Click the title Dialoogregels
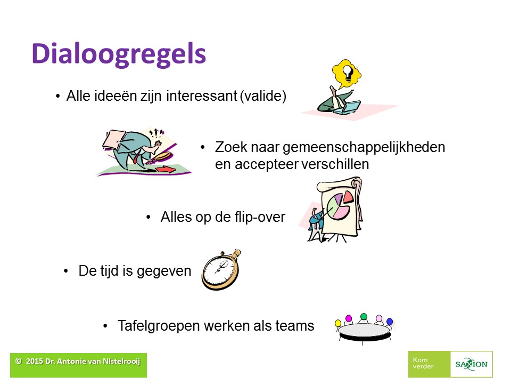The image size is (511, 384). pyautogui.click(x=119, y=54)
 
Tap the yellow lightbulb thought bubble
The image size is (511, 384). pyautogui.click(x=347, y=74)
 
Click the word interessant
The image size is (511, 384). pyautogui.click(x=201, y=96)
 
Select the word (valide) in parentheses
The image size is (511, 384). pyautogui.click(x=263, y=97)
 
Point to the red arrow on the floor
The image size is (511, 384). pyautogui.click(x=166, y=169)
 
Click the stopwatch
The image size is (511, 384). pyautogui.click(x=221, y=270)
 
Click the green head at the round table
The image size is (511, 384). pyautogui.click(x=364, y=316)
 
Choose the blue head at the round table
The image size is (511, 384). pyautogui.click(x=390, y=322)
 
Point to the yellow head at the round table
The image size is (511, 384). pyautogui.click(x=338, y=323)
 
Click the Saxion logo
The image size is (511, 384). pyautogui.click(x=471, y=364)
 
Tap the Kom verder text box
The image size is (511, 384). pyautogui.click(x=429, y=364)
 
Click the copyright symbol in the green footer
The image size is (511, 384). pyautogui.click(x=19, y=361)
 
